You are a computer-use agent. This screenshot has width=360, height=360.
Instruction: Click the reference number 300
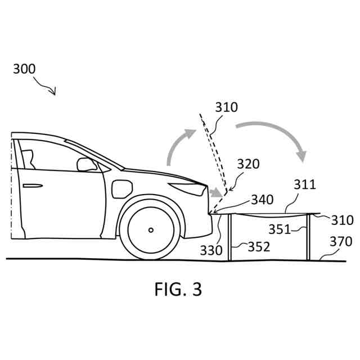24,69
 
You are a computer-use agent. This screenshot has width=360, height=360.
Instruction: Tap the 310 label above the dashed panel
226,107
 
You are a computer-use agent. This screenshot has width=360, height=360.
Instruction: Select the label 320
248,164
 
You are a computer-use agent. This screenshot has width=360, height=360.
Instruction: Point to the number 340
262,200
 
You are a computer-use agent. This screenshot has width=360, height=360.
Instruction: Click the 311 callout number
304,184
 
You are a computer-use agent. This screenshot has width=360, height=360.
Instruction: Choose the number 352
259,247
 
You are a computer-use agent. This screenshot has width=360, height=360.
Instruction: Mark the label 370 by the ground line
341,242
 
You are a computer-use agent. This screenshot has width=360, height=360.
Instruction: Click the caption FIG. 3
178,289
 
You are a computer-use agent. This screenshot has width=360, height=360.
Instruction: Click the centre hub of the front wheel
151,229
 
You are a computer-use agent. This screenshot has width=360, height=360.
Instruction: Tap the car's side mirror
86,164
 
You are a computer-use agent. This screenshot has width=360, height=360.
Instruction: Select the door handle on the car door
33,185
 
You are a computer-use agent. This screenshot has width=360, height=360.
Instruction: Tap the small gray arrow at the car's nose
215,193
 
